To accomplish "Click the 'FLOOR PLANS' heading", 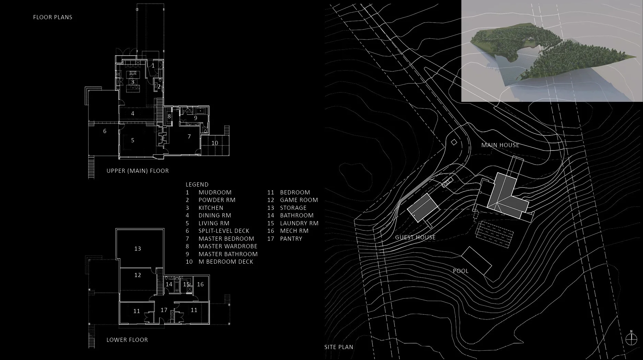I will pyautogui.click(x=52, y=17).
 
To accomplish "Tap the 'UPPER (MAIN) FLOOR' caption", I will pyautogui.click(x=138, y=171).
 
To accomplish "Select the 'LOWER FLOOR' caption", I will pyautogui.click(x=127, y=340).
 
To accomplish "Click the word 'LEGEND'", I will pyautogui.click(x=197, y=184).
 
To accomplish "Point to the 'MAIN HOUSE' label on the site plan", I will pyautogui.click(x=500, y=145).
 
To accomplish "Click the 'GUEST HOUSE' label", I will pyautogui.click(x=415, y=237).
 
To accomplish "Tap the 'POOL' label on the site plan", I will pyautogui.click(x=461, y=271).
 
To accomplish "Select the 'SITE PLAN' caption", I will pyautogui.click(x=338, y=347).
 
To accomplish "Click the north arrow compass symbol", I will pyautogui.click(x=631, y=339).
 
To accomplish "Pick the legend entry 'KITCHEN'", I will pyautogui.click(x=211, y=208).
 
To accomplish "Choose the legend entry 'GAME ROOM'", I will pyautogui.click(x=299, y=200).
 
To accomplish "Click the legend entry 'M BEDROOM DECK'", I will pyautogui.click(x=226, y=262).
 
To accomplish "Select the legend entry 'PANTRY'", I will pyautogui.click(x=291, y=239).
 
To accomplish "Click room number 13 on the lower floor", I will pyautogui.click(x=138, y=249).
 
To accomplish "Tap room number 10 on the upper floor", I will pyautogui.click(x=215, y=143).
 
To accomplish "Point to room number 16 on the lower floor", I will pyautogui.click(x=200, y=284).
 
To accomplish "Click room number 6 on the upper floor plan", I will pyautogui.click(x=105, y=131).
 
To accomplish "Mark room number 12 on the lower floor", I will pyautogui.click(x=138, y=275).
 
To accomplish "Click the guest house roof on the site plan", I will pyautogui.click(x=422, y=208).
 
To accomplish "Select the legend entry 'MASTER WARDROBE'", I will pyautogui.click(x=228, y=246).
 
